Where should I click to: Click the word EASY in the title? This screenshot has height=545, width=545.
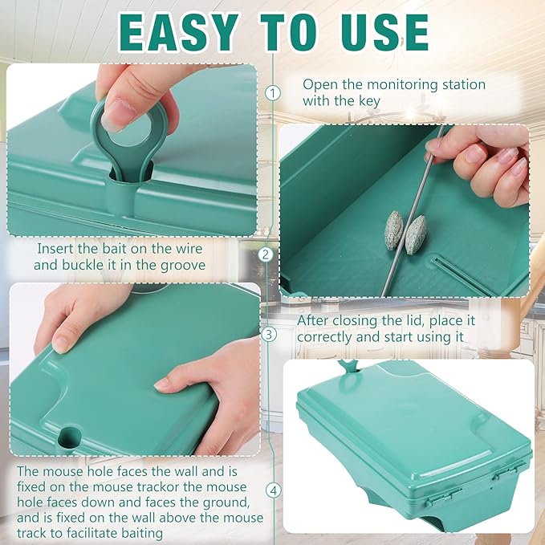click(178, 32)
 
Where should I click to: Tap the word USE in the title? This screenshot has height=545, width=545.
click(385, 32)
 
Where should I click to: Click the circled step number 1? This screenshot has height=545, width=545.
click(273, 93)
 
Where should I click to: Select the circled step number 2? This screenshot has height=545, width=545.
click(266, 254)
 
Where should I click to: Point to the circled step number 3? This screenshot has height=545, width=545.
click(269, 335)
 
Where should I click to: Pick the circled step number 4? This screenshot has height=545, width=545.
click(274, 490)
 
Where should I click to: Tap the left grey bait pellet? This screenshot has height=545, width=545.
click(394, 230)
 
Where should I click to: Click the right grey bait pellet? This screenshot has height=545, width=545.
click(416, 234)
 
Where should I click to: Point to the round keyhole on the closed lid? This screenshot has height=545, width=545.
click(70, 437)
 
